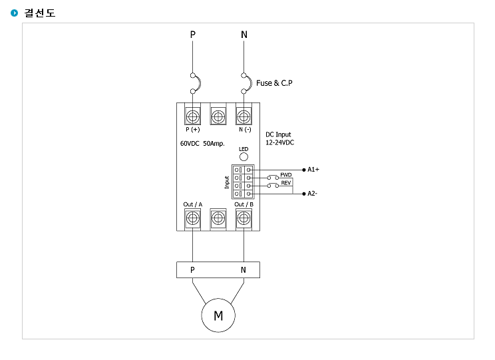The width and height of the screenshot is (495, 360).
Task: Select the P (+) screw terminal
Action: point(192,117)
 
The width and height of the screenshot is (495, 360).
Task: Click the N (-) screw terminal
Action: point(244,117)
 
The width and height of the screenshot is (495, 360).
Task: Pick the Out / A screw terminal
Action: point(192,218)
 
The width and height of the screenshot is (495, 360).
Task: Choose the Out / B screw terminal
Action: point(244,218)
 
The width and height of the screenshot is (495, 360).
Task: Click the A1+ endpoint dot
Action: point(304,170)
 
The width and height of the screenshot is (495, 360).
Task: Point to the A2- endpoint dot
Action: point(304,194)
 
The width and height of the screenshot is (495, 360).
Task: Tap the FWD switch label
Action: point(286,174)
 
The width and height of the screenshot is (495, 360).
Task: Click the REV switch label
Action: point(286,183)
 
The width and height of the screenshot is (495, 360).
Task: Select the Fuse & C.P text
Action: point(274,83)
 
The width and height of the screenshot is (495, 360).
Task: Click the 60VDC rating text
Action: point(190,143)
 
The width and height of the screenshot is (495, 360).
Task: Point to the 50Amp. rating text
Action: point(214,144)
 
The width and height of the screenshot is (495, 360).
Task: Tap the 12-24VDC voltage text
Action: point(279,142)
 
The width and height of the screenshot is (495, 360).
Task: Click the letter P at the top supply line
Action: point(192,35)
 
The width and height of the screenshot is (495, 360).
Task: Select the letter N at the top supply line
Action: point(244,35)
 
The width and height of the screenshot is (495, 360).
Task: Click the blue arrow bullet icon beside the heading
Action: point(14,13)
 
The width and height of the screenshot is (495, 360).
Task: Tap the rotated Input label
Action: point(227,182)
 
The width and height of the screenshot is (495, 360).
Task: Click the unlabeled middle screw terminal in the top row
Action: point(218,117)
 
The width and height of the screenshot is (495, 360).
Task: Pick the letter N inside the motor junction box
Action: point(243,270)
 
